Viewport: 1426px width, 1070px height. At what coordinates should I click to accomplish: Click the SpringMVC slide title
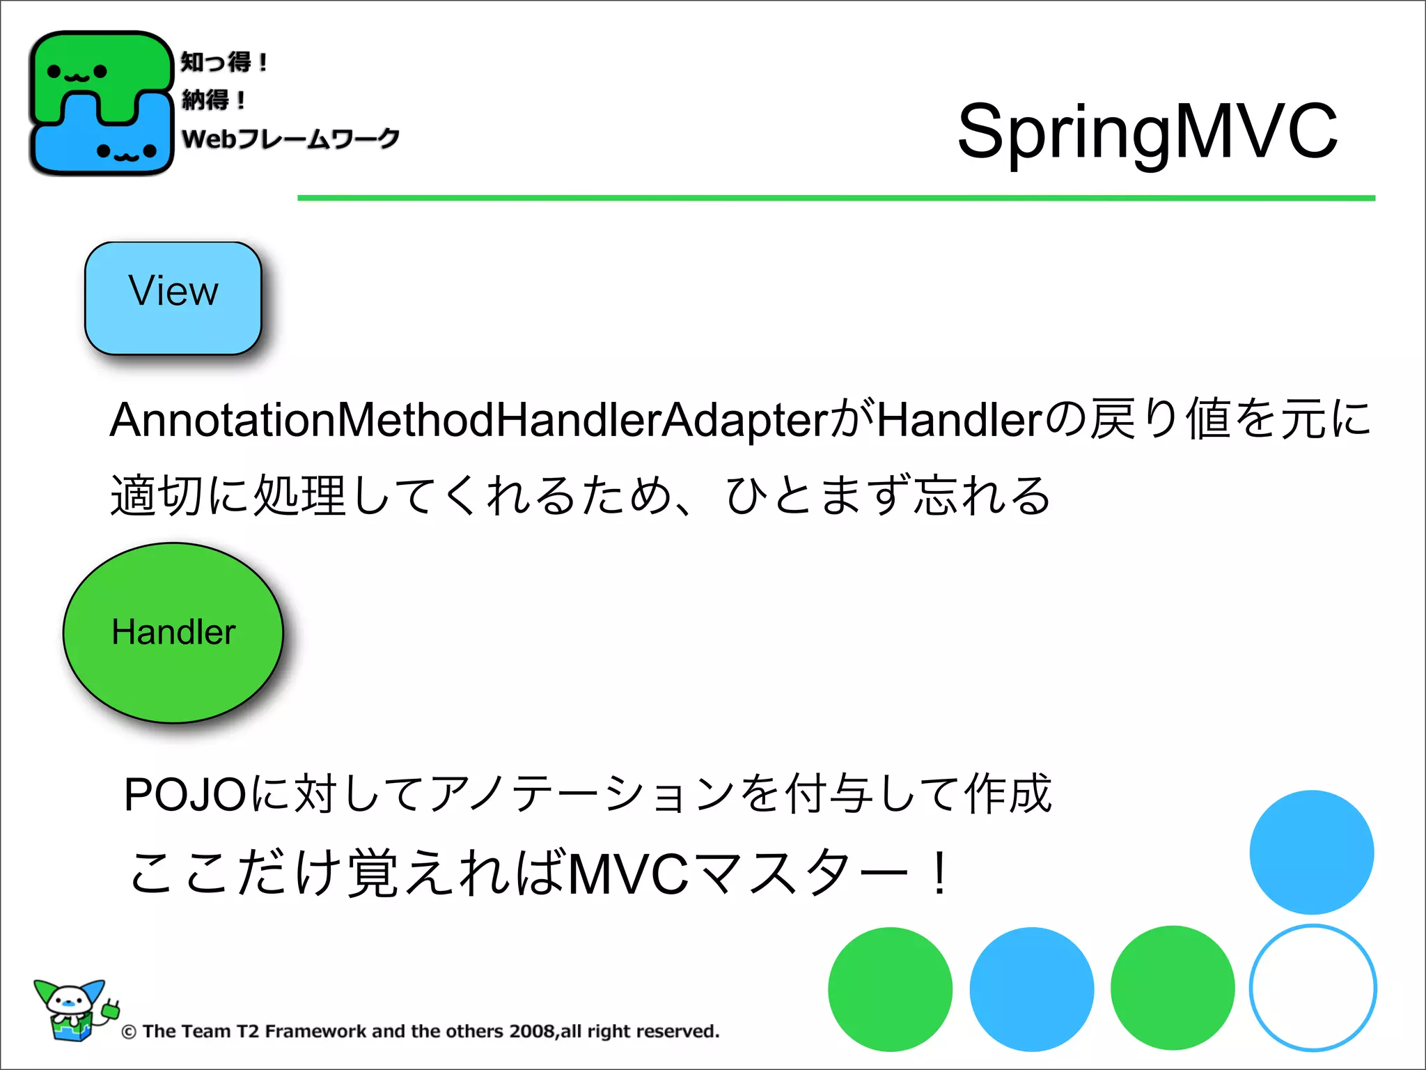[x=1147, y=131]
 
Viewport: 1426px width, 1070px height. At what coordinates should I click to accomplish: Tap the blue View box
[x=173, y=298]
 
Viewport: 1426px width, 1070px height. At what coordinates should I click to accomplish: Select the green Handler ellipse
[x=173, y=633]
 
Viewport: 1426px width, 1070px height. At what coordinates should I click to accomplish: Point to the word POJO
[x=184, y=794]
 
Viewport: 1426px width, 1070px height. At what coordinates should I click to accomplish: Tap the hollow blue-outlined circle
[x=1313, y=988]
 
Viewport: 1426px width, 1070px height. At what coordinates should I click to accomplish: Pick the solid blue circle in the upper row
[x=1311, y=852]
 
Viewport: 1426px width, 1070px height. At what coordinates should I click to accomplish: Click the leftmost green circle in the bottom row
[x=890, y=989]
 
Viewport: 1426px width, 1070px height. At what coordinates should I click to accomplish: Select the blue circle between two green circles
[x=1031, y=989]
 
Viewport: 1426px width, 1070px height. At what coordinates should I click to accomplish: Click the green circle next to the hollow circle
[x=1173, y=988]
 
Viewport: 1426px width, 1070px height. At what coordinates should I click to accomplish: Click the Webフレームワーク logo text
[x=290, y=138]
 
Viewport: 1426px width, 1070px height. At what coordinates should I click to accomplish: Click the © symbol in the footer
[x=129, y=1032]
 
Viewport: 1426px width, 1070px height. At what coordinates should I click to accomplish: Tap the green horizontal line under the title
[x=836, y=198]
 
